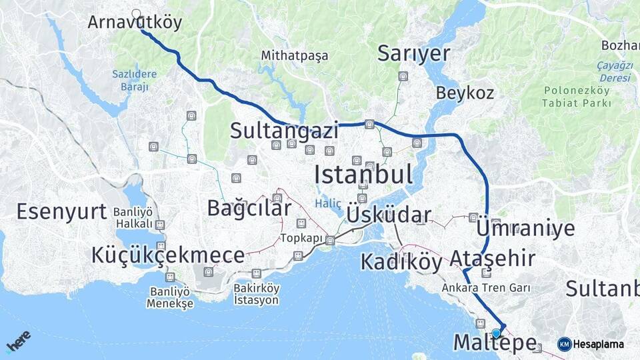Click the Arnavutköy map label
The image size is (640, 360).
click(x=135, y=23)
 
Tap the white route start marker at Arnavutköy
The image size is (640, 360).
click(x=137, y=13)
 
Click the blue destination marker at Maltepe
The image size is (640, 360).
click(x=496, y=333)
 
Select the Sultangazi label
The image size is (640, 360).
click(x=285, y=130)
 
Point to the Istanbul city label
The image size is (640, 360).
click(x=363, y=175)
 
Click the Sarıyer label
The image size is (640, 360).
click(x=413, y=54)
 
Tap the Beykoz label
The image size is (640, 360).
click(x=465, y=93)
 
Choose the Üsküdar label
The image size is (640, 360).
click(x=389, y=215)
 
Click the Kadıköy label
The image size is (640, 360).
click(x=401, y=262)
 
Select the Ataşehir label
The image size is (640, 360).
click(x=492, y=258)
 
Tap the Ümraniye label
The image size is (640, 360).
click(x=525, y=228)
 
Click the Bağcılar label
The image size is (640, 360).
click(x=249, y=208)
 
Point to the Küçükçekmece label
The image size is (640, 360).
click(x=168, y=255)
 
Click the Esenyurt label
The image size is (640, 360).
click(x=61, y=212)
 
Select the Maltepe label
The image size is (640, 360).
click(x=495, y=343)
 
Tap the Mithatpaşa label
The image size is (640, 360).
click(x=295, y=55)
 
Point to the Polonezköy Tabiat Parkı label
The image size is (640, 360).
click(x=577, y=97)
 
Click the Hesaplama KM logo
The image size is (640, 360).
click(x=591, y=344)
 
